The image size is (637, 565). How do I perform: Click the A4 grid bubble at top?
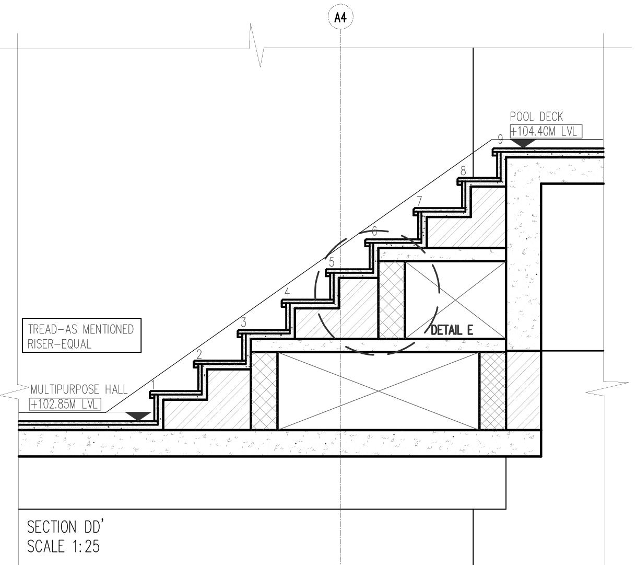pos(340,18)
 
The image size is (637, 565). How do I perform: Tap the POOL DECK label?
pos(536,117)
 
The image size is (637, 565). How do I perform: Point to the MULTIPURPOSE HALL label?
pos(79,390)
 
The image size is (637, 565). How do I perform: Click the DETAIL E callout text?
pos(452,330)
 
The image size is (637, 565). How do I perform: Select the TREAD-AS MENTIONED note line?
pos(81,330)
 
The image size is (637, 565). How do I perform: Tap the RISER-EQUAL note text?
pos(60,344)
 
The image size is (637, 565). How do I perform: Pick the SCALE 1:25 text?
pos(63,547)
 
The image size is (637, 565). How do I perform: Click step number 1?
pos(153,385)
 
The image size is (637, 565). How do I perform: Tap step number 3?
pos(243,322)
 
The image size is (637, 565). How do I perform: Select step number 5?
pos(332,262)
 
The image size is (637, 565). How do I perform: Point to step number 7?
pos(419,201)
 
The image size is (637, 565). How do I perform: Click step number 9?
pos(500,140)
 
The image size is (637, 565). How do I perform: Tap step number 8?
pos(463,171)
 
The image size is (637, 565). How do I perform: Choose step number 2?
pos(199,354)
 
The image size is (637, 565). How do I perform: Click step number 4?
pos(287,293)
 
